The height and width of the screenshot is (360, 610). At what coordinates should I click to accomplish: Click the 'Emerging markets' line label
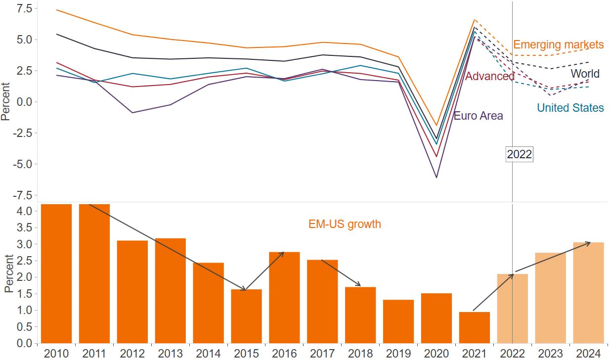click(x=558, y=45)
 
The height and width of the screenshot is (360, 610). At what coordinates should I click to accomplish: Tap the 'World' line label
click(x=585, y=74)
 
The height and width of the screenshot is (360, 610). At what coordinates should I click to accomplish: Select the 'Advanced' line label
click(x=490, y=76)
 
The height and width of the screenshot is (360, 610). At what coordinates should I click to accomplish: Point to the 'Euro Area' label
click(x=478, y=116)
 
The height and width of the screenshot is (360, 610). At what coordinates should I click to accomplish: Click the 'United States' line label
click(x=570, y=108)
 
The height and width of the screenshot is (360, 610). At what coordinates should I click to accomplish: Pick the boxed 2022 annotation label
click(x=519, y=154)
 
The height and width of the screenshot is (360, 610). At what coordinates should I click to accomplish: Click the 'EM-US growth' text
click(x=345, y=224)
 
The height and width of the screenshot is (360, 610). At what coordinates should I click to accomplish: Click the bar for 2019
click(x=398, y=321)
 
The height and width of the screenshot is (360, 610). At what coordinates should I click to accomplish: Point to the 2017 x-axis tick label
click(x=322, y=353)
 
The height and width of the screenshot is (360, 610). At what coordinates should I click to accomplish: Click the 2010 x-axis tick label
click(x=56, y=353)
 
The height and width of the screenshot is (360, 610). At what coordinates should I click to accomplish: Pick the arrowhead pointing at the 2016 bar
click(x=282, y=253)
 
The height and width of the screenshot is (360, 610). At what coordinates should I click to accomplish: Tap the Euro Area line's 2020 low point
click(x=436, y=177)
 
